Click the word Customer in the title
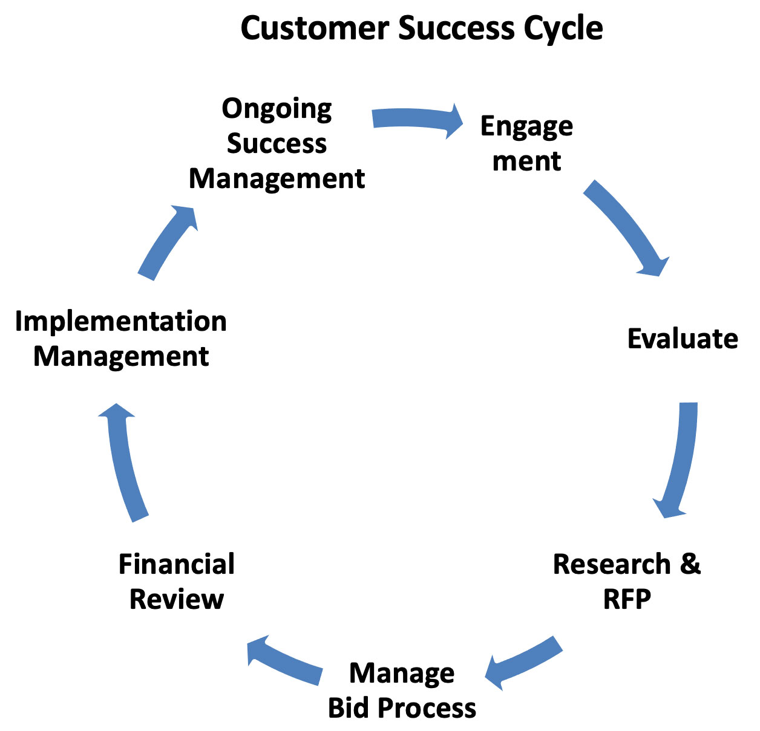pos(315,28)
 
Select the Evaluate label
pos(683,339)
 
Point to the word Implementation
pos(121,322)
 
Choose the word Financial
pos(176,564)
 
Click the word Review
pos(176,599)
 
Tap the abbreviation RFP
pos(627,599)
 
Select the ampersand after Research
pos(690,564)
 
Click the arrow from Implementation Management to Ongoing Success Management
pos(166,242)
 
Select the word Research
pos(612,564)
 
